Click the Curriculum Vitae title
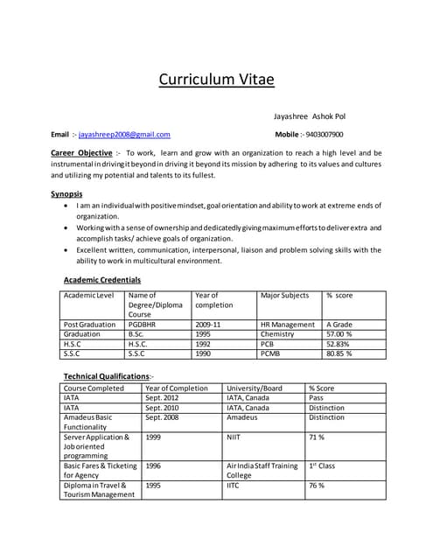[216, 80]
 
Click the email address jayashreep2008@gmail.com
[124, 135]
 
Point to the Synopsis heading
[67, 193]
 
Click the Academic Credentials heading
[102, 280]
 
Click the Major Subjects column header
[284, 296]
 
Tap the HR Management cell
[288, 325]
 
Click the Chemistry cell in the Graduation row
[278, 334]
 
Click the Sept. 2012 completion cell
[164, 398]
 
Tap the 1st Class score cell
[322, 465]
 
